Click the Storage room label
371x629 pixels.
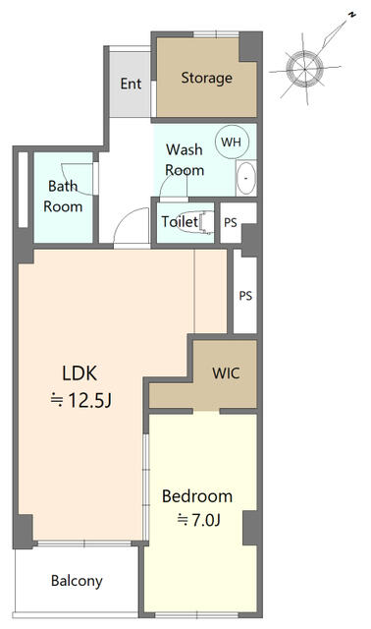206,78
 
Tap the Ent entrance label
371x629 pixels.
131,84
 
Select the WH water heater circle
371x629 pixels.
232,142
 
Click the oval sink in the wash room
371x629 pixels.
246,178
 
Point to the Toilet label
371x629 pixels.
180,221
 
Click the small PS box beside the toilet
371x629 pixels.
231,223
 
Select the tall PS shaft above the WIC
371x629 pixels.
245,296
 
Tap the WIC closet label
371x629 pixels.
227,373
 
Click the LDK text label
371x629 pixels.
79,373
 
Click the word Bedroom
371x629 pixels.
197,496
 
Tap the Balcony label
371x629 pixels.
77,581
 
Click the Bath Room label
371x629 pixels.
63,197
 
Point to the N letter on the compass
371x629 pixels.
351,16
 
